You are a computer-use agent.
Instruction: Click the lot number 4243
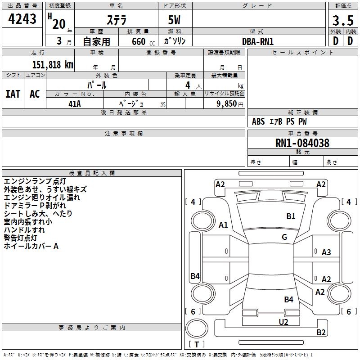coord(22,19)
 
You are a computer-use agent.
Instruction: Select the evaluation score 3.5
coord(342,20)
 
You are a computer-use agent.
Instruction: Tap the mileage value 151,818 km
coord(52,65)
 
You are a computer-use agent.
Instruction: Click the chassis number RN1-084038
coord(302,143)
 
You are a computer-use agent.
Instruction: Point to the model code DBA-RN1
coord(257,41)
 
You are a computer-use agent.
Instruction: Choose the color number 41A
coord(74,103)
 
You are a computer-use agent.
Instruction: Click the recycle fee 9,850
coord(223,103)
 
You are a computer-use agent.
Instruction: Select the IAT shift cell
coord(13,94)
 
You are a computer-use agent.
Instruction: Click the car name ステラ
coord(116,20)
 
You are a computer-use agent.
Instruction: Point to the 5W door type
coord(175,20)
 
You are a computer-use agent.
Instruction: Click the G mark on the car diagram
coord(284,237)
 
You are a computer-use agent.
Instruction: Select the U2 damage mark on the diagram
coord(283,322)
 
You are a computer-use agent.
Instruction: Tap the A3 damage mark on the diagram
coord(326,252)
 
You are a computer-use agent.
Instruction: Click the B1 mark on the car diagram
coord(291,216)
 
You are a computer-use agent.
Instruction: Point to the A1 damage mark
coord(223,225)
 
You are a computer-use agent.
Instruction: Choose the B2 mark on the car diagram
coord(321,333)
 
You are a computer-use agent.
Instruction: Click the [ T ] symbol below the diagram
coord(197,344)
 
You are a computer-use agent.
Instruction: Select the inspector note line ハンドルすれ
coord(24,230)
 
